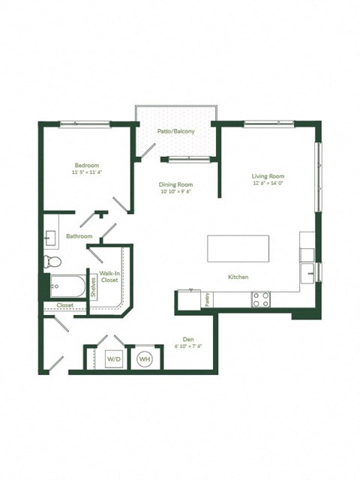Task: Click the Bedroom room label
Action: [86, 165]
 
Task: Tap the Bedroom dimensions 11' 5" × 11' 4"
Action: [86, 172]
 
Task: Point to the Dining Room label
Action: [175, 184]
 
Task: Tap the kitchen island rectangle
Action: [238, 247]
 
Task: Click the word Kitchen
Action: [238, 277]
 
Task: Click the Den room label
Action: [189, 338]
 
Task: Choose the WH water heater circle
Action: [145, 359]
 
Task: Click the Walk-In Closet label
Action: [109, 277]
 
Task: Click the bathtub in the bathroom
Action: [66, 285]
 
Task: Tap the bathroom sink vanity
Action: [50, 239]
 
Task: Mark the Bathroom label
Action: [79, 236]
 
